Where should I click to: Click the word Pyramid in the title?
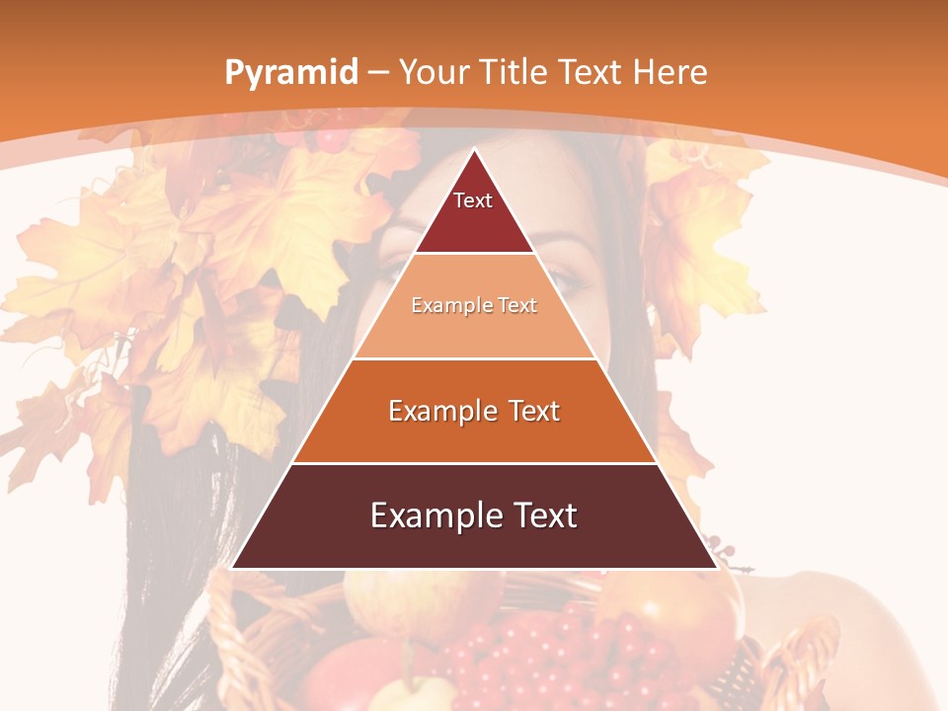click(x=290, y=72)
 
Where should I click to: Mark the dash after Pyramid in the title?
click(x=378, y=73)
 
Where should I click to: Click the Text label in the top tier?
click(x=473, y=200)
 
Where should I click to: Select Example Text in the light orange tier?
click(x=474, y=306)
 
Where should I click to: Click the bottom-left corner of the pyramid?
click(x=233, y=568)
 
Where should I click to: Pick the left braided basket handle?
click(x=225, y=632)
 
